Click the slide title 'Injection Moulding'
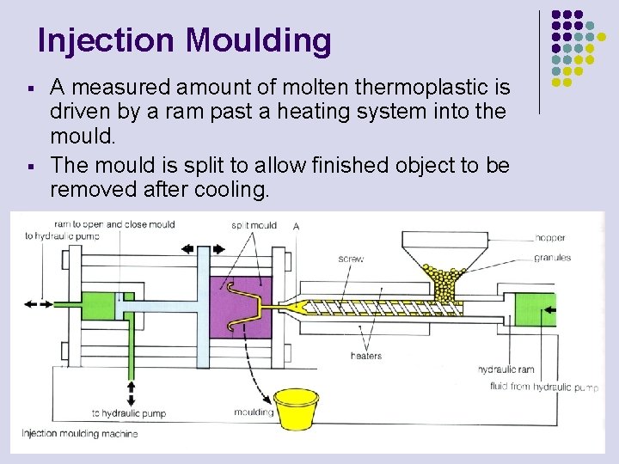[184, 40]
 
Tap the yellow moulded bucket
[297, 409]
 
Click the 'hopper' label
[550, 238]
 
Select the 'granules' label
[553, 258]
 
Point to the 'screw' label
[350, 258]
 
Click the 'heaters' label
[366, 356]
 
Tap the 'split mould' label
[254, 225]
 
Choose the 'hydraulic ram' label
[506, 369]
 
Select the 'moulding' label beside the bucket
[254, 412]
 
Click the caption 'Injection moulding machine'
[79, 434]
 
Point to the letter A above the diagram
[296, 226]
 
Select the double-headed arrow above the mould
[197, 248]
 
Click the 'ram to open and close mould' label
[114, 224]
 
